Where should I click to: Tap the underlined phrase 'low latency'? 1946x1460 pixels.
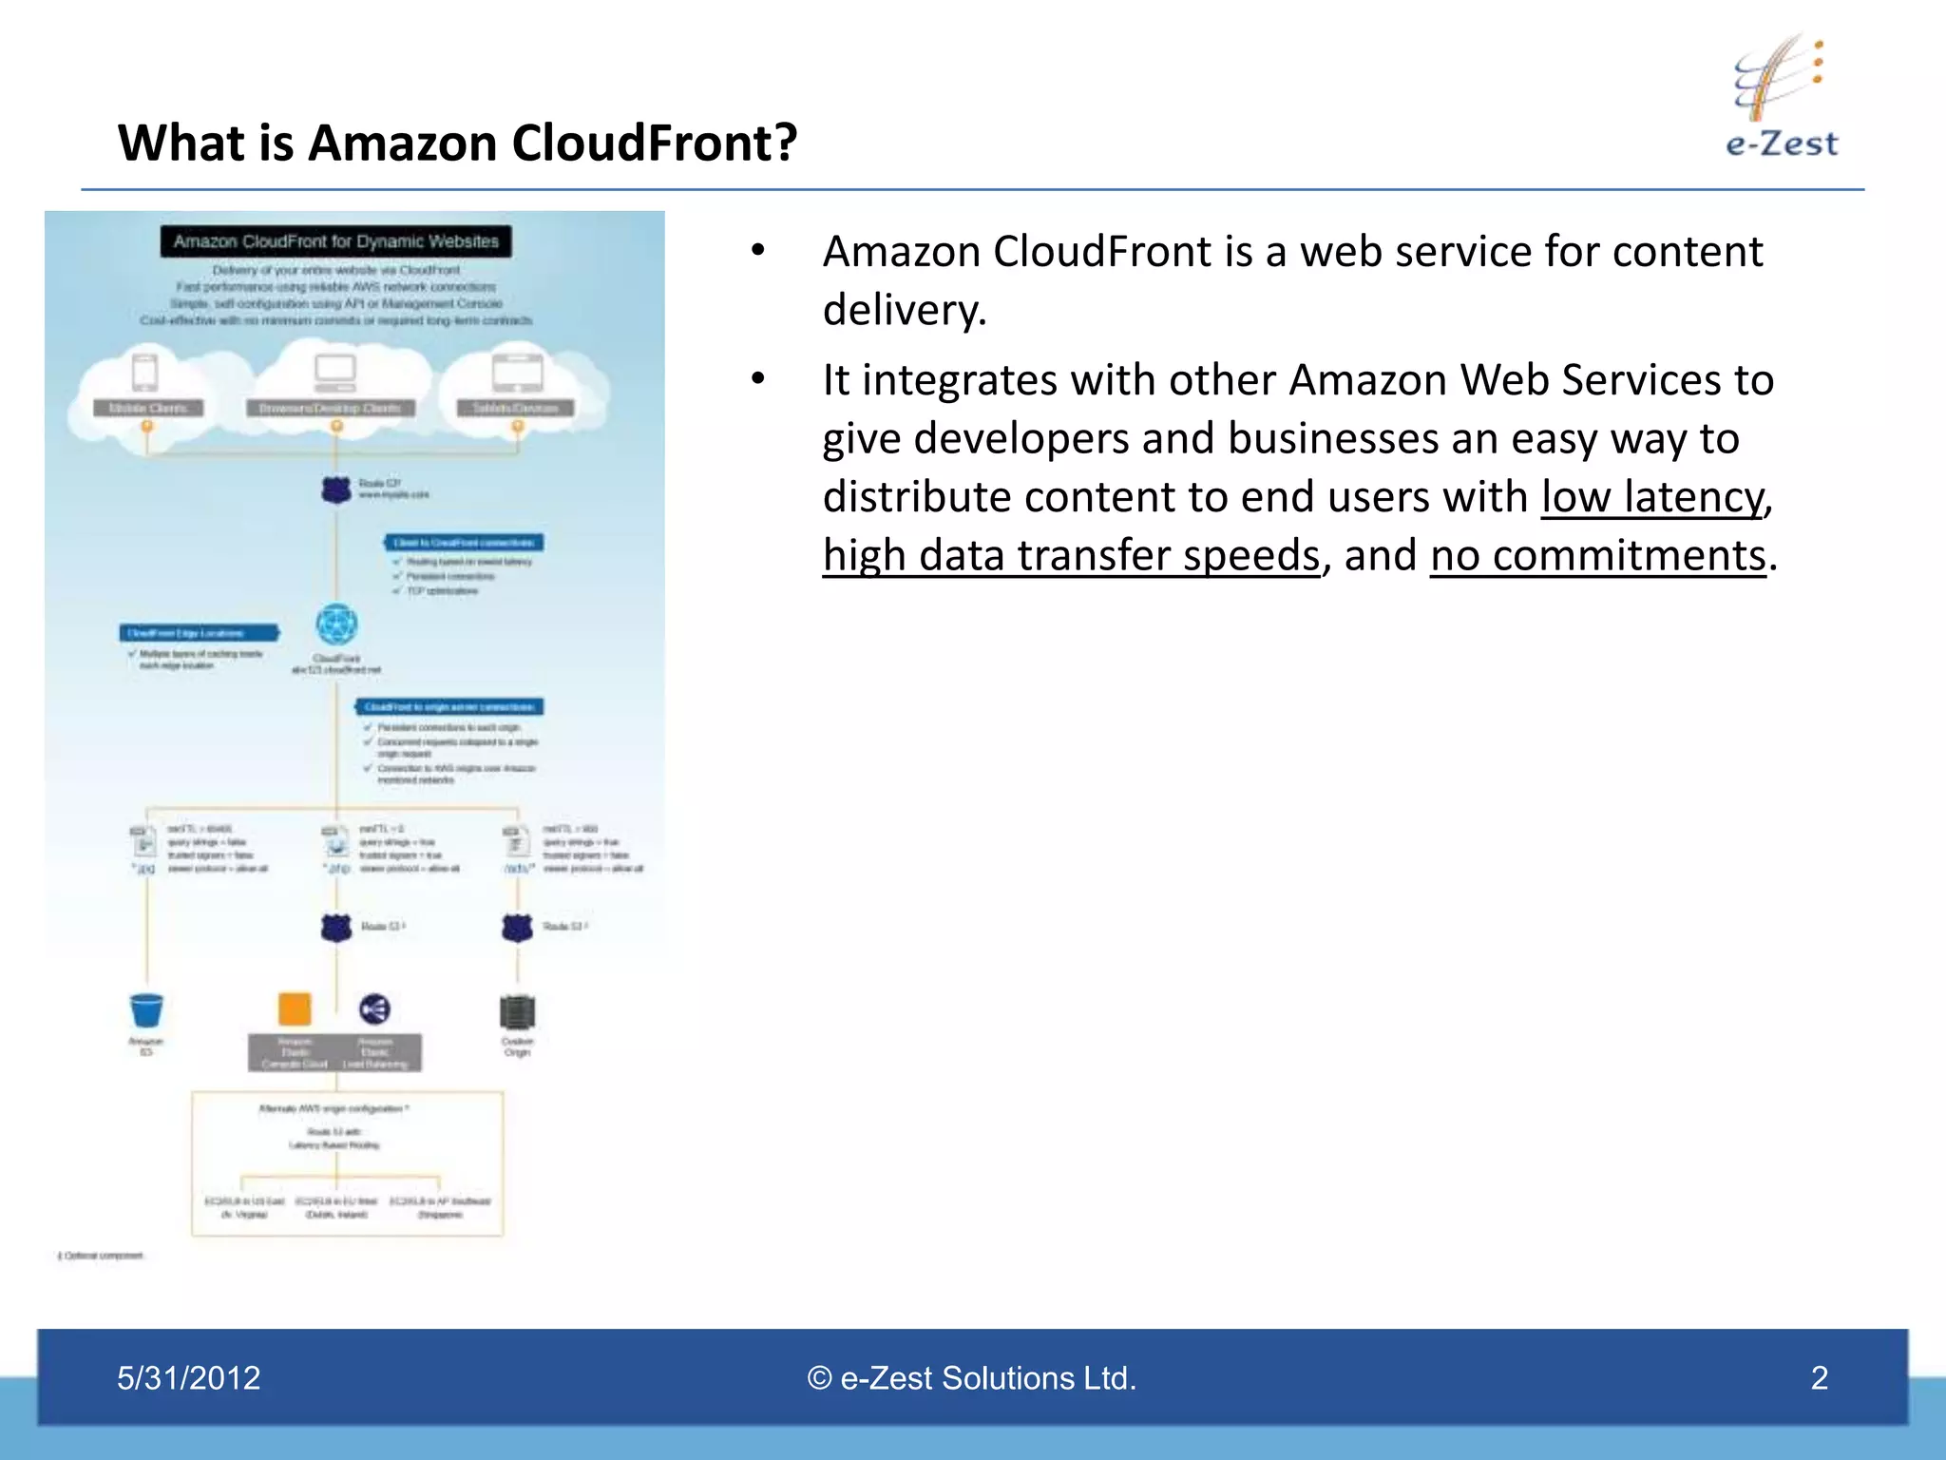[x=1651, y=497]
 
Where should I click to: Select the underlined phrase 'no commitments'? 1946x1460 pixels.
[x=1598, y=556]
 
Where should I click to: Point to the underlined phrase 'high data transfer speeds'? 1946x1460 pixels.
[x=1071, y=556]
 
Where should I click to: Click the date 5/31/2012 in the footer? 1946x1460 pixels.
[x=188, y=1377]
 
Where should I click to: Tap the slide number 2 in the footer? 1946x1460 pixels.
[x=1819, y=1377]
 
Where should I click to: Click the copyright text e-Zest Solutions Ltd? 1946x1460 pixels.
[x=972, y=1377]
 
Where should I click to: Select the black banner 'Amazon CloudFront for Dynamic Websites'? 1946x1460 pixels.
[x=335, y=241]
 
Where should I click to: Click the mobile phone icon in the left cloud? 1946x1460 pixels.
[x=145, y=372]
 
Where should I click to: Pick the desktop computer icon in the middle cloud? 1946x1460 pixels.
[x=335, y=372]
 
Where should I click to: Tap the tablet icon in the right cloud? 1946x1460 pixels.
[x=517, y=372]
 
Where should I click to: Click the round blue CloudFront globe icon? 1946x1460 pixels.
[x=336, y=624]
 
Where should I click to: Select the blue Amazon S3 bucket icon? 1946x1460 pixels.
[x=146, y=1009]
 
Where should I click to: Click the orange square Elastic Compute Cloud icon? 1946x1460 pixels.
[x=295, y=1009]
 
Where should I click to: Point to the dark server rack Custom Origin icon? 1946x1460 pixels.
[x=517, y=1011]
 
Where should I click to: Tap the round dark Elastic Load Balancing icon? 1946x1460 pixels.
[x=374, y=1009]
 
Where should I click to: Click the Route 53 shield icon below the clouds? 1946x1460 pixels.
[x=335, y=490]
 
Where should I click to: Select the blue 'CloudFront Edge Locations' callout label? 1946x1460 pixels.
[x=199, y=633]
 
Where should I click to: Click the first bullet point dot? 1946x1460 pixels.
[x=757, y=251]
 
